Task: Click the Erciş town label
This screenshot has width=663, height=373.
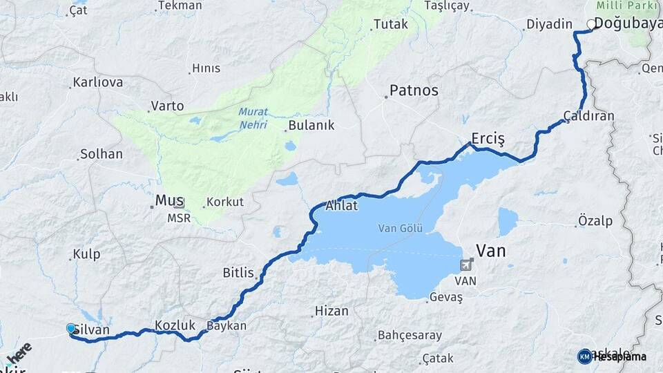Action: click(x=488, y=138)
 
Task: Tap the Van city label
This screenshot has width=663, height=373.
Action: click(x=491, y=251)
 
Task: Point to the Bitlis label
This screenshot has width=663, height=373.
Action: click(x=238, y=273)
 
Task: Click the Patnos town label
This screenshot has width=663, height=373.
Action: click(x=414, y=90)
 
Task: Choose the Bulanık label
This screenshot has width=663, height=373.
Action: click(x=311, y=125)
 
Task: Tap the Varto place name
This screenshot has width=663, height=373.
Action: click(x=168, y=106)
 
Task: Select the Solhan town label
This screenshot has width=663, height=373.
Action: click(x=102, y=154)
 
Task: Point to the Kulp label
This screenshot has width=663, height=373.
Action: click(x=87, y=254)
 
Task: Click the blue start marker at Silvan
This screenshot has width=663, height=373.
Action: click(x=70, y=328)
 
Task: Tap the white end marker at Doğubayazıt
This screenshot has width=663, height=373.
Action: click(x=590, y=24)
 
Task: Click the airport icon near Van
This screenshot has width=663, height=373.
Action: click(x=467, y=265)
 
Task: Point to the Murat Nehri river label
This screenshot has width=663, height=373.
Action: click(x=253, y=118)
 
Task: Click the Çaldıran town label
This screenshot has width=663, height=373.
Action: click(x=588, y=116)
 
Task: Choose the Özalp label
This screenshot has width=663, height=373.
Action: click(x=595, y=221)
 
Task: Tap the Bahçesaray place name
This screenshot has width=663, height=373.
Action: click(x=409, y=336)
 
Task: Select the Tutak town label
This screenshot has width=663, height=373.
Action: click(x=390, y=25)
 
